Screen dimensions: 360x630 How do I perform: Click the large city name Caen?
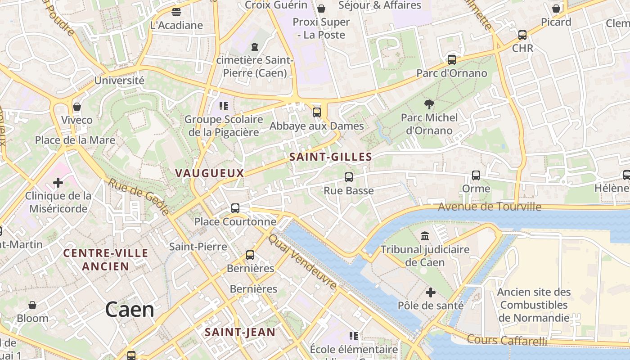click(x=130, y=310)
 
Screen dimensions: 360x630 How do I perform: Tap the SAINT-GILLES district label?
click(x=331, y=157)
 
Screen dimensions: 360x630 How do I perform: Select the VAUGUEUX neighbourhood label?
click(x=210, y=173)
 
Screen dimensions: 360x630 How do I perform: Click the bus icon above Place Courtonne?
click(x=235, y=208)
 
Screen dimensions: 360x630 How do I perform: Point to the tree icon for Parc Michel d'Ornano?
click(x=429, y=104)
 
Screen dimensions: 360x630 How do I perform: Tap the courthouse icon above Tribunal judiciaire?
click(x=424, y=236)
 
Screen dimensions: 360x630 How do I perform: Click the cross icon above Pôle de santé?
click(x=431, y=292)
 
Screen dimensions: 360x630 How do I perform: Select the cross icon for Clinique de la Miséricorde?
click(x=58, y=183)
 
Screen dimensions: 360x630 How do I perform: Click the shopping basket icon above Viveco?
click(x=77, y=107)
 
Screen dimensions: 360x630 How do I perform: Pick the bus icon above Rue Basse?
click(x=349, y=177)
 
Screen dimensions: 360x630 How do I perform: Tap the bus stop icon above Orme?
click(x=476, y=175)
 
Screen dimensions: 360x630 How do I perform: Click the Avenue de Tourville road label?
click(x=489, y=207)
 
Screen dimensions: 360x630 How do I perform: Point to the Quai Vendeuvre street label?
click(x=302, y=261)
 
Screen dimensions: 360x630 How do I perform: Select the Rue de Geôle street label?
click(x=139, y=196)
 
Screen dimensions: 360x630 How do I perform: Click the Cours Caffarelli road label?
click(x=507, y=340)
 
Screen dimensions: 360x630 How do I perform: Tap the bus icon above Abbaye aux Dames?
click(x=317, y=112)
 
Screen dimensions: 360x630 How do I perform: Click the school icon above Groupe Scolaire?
click(x=224, y=106)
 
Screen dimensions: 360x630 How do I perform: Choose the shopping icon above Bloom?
click(x=32, y=305)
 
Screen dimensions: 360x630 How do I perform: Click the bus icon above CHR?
click(x=522, y=35)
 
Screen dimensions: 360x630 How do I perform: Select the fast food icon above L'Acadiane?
click(x=176, y=12)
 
